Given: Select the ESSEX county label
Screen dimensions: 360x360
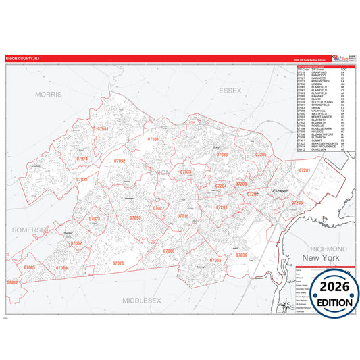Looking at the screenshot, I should (230, 89).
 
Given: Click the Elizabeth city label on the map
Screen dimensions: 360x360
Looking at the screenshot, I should (280, 190).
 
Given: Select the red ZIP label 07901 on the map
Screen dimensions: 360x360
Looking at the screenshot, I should (103, 128).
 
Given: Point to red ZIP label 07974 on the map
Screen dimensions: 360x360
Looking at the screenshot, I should (82, 159).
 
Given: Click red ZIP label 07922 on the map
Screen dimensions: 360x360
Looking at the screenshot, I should (82, 180).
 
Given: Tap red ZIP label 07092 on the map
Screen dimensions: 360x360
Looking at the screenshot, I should (120, 161).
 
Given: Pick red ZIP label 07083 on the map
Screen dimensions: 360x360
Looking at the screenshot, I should (222, 155).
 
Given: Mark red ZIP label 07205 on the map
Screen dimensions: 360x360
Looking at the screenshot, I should (261, 155).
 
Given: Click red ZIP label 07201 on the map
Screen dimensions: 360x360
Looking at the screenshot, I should (305, 171).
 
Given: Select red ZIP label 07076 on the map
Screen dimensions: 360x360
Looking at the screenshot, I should (118, 263).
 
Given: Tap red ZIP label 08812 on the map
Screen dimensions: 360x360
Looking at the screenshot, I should (11, 282).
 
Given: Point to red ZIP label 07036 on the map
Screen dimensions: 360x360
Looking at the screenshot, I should (241, 255).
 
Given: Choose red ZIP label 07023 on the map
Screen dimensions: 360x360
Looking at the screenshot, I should (95, 219).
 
